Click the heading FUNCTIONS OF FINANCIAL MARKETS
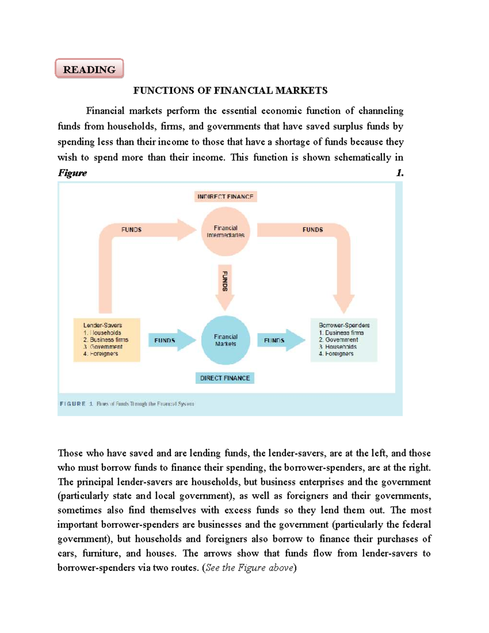tap(230, 90)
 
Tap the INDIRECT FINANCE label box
tap(225, 196)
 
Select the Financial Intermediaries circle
tap(225, 232)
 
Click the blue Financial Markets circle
tap(225, 340)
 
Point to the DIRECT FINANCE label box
tap(225, 378)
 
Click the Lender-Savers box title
tap(103, 325)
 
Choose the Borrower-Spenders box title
tap(344, 325)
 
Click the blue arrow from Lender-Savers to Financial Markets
tap(171, 340)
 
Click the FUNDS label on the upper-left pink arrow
tap(131, 229)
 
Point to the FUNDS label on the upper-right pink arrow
tap(313, 229)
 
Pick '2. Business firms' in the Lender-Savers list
tap(106, 340)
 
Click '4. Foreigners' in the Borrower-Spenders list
tap(336, 354)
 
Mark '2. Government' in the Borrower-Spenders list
tap(338, 340)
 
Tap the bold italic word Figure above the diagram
tap(73, 173)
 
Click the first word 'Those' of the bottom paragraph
tap(70, 453)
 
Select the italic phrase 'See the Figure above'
tap(249, 567)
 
